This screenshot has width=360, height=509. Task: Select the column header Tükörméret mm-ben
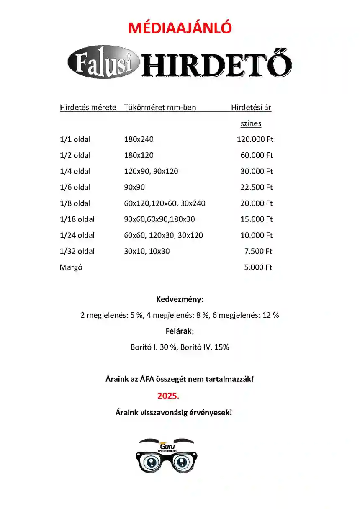pyautogui.click(x=160, y=107)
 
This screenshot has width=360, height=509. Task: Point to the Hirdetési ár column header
pyautogui.click(x=251, y=107)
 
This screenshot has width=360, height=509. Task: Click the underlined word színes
pyautogui.click(x=251, y=123)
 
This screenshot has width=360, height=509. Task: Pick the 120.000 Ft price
pyautogui.click(x=255, y=139)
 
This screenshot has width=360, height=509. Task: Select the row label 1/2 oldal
pyautogui.click(x=75, y=155)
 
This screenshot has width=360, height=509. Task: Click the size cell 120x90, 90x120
pyautogui.click(x=151, y=171)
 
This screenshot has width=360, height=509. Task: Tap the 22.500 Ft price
pyautogui.click(x=256, y=187)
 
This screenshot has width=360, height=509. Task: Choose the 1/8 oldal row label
pyautogui.click(x=75, y=203)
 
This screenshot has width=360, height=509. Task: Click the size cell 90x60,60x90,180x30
pyautogui.click(x=159, y=219)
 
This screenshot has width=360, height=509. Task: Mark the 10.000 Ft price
pyautogui.click(x=256, y=235)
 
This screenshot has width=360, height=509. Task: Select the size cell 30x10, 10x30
pyautogui.click(x=147, y=251)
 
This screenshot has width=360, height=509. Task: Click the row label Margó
pyautogui.click(x=71, y=267)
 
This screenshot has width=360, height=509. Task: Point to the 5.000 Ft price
pyautogui.click(x=258, y=267)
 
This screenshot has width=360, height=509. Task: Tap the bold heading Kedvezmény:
pyautogui.click(x=180, y=300)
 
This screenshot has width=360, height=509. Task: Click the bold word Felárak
pyautogui.click(x=179, y=331)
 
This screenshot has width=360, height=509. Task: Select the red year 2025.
pyautogui.click(x=168, y=396)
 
